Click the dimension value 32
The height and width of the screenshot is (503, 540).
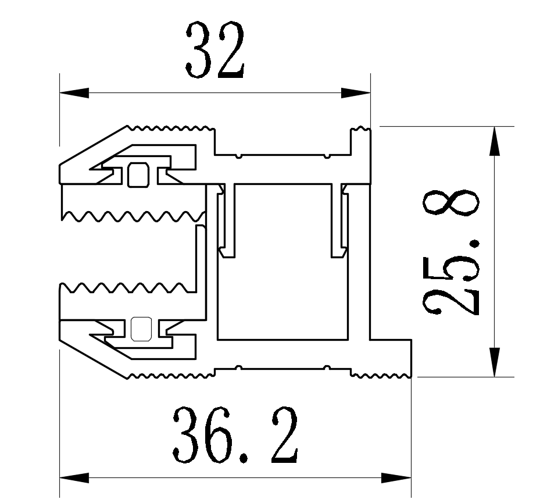tap(214, 51)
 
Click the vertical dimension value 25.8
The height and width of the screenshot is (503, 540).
tap(452, 251)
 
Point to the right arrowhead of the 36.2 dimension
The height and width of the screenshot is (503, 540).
tap(398, 478)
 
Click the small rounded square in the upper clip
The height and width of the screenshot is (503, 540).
tap(138, 174)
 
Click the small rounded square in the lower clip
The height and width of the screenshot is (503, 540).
tap(140, 329)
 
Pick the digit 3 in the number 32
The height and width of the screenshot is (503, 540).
tap(198, 51)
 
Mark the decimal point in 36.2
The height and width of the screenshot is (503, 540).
tap(244, 458)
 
